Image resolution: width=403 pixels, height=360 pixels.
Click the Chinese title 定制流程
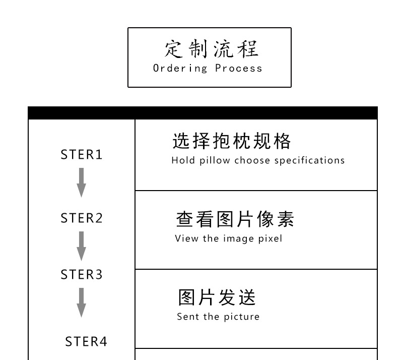[211, 49]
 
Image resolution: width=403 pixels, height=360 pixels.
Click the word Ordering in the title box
[180, 68]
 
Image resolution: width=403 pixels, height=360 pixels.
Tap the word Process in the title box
[239, 68]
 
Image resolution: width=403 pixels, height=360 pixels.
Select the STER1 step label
[82, 155]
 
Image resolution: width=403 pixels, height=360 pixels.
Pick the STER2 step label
[82, 218]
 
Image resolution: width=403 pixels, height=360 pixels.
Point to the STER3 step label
[82, 275]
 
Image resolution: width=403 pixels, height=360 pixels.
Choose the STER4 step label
[86, 342]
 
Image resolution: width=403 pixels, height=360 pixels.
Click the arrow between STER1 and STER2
[81, 183]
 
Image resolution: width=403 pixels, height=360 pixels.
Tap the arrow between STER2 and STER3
[81, 246]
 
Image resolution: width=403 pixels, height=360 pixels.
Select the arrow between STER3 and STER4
[81, 303]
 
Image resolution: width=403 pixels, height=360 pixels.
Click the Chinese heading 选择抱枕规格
[232, 142]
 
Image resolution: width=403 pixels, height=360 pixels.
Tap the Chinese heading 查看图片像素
[235, 219]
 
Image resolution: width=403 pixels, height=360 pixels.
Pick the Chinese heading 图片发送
[217, 297]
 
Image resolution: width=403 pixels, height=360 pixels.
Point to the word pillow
[215, 161]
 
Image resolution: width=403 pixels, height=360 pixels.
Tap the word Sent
[188, 317]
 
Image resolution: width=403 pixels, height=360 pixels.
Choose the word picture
[242, 317]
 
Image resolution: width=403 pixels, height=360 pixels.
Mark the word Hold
[181, 161]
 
